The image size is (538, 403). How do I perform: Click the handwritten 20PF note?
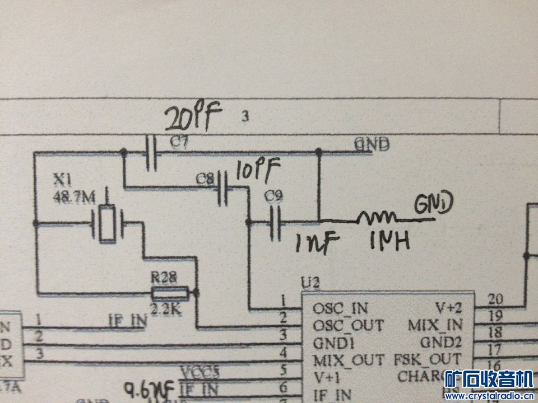click(193, 118)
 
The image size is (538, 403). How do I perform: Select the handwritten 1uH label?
click(389, 241)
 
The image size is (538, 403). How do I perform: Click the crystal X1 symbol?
click(106, 223)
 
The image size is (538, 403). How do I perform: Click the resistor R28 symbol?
click(169, 293)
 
